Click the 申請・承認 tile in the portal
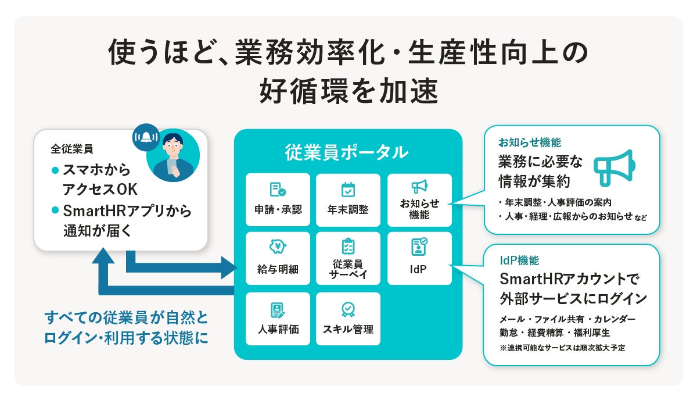278,200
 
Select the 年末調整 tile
348,200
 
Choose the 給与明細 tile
278,259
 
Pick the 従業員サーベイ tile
348,259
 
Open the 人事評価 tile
278,319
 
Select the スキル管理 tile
348,319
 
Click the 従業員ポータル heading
347,152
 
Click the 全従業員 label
71,148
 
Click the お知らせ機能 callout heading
529,142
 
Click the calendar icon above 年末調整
348,189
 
